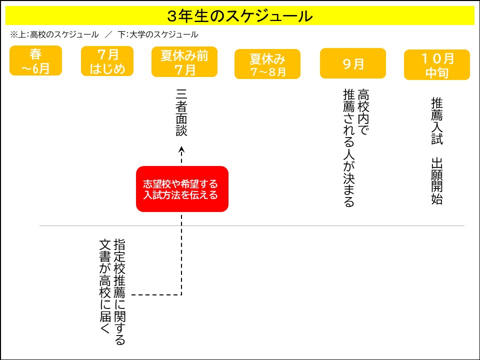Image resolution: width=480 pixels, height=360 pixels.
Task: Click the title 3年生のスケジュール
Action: [x=240, y=16]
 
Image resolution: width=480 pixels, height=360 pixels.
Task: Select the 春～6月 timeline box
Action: [x=36, y=60]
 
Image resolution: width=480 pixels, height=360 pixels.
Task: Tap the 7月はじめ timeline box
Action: [x=107, y=61]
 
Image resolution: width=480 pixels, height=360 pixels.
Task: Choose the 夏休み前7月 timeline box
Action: [x=184, y=62]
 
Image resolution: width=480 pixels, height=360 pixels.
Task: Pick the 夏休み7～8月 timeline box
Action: [x=267, y=64]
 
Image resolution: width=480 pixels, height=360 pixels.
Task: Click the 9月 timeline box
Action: [x=352, y=63]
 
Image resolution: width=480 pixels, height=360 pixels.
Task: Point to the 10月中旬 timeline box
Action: [x=437, y=65]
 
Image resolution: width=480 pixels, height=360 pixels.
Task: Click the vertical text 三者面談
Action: [x=181, y=112]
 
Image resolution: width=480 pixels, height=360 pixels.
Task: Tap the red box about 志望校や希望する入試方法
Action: [x=182, y=189]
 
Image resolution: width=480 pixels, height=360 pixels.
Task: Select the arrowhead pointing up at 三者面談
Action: [x=181, y=149]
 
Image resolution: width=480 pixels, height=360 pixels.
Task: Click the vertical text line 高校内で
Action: [x=363, y=112]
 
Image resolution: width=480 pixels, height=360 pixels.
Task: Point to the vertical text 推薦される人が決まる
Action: [x=349, y=148]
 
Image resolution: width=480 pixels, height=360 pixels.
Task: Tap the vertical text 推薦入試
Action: [x=437, y=121]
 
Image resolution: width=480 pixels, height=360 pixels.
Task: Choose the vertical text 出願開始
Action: [x=437, y=181]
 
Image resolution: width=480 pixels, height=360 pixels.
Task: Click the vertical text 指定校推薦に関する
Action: [x=119, y=292]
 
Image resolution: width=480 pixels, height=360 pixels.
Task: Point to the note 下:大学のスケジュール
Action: [x=158, y=34]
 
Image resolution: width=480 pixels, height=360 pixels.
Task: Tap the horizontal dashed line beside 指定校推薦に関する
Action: [x=156, y=295]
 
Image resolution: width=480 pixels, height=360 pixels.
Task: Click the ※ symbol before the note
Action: [x=14, y=34]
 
